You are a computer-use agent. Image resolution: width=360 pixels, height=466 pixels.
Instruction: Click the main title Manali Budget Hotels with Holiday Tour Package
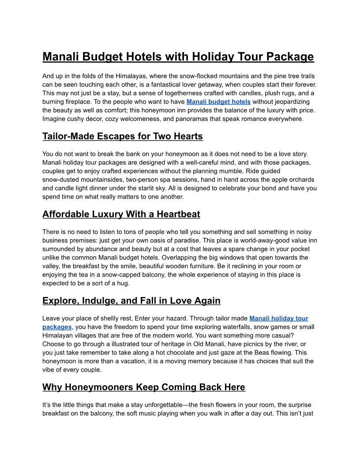178,57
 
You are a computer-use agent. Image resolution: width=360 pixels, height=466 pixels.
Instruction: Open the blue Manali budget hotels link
218,101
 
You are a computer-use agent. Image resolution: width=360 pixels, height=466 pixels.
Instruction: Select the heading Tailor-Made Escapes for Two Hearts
122,136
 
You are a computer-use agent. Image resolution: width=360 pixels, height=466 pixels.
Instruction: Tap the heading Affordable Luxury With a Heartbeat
121,214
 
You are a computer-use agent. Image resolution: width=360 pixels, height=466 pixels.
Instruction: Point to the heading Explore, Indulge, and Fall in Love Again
131,301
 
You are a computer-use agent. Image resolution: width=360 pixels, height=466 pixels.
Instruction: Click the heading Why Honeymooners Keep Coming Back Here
143,387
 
